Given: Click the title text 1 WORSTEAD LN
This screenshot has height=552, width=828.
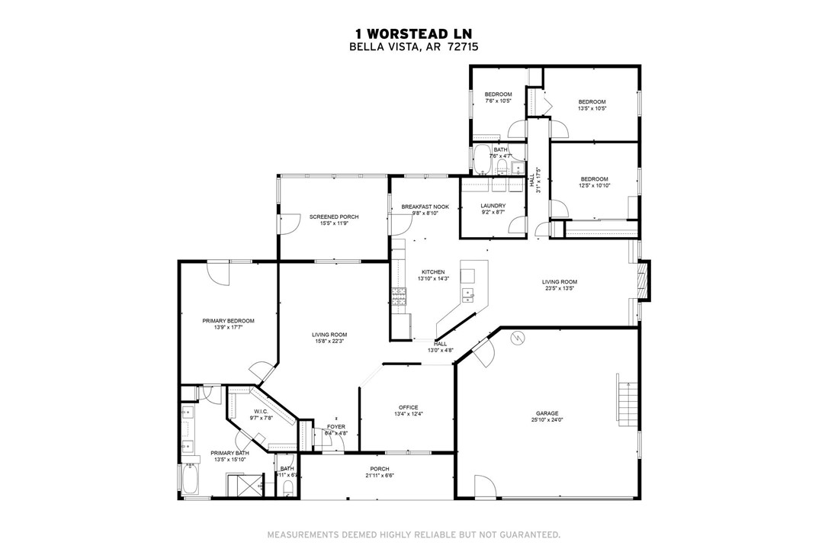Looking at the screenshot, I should click(x=413, y=34).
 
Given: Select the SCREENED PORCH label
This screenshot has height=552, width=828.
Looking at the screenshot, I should click(x=334, y=217).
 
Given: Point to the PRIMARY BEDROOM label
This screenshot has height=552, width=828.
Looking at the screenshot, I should click(x=228, y=320).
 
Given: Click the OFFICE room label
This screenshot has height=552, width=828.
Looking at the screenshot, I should click(x=409, y=407).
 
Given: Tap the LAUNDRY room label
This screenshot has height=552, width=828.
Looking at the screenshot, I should click(x=493, y=206).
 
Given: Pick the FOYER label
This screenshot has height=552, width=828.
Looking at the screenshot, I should click(x=336, y=426).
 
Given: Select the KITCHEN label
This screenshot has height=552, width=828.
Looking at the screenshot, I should click(x=433, y=271).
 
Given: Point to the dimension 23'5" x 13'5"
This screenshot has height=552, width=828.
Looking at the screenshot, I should click(x=560, y=289).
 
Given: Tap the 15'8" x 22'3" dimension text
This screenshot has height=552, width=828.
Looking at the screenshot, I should click(x=329, y=342).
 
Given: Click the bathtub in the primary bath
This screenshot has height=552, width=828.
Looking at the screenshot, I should click(x=189, y=480).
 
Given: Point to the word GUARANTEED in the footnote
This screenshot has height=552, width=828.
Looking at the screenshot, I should click(x=529, y=534).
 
